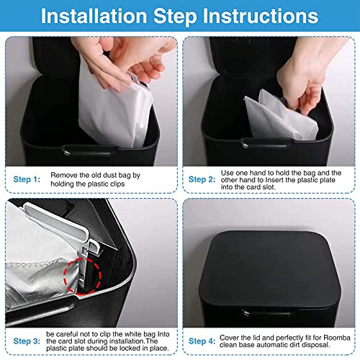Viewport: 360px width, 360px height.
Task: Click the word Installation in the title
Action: (94, 16)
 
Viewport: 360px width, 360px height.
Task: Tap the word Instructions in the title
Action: (261, 16)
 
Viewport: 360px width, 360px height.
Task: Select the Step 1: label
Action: (27, 179)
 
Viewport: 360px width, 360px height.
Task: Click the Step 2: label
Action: (202, 179)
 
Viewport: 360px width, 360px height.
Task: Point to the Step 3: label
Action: (27, 341)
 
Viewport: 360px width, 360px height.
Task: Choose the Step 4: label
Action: (202, 341)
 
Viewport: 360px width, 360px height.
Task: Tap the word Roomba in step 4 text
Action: (337, 338)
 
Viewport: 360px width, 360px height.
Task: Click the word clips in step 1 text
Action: (117, 184)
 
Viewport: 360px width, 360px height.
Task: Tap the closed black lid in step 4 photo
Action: (270, 269)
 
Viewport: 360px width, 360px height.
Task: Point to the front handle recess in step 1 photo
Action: (89, 150)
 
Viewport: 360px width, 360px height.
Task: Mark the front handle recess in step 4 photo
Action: (267, 312)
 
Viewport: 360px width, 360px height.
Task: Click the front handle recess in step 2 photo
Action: (267, 143)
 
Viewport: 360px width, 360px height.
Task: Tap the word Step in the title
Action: (175, 17)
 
